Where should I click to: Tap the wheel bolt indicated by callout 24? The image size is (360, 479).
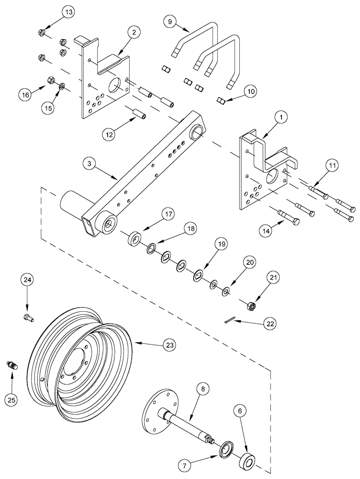27,317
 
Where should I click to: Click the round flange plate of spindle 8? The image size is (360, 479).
157,411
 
